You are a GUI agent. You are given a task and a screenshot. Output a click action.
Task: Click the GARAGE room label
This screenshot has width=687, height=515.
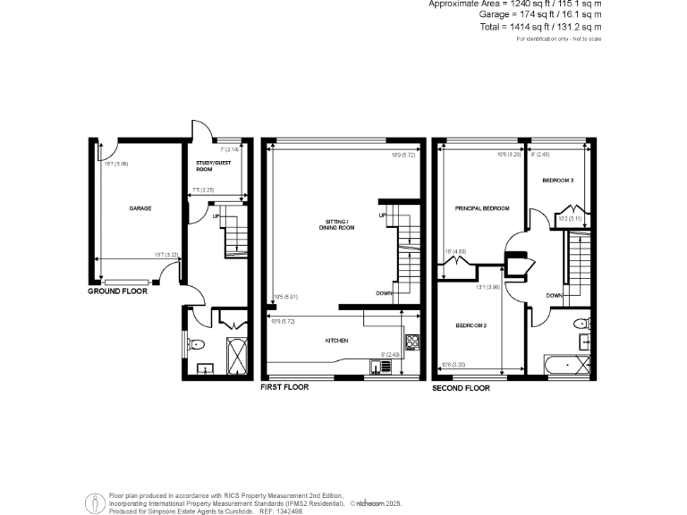click(140, 208)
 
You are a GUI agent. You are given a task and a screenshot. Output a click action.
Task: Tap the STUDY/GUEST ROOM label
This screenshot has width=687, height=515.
click(210, 166)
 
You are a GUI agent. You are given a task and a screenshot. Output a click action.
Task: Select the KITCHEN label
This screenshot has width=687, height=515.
click(336, 342)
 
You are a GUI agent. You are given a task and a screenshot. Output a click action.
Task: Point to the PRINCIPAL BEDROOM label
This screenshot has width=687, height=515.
click(482, 208)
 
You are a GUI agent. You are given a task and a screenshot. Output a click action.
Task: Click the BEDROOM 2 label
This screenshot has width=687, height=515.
click(471, 325)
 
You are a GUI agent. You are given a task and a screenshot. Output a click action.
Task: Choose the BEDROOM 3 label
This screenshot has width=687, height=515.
click(557, 181)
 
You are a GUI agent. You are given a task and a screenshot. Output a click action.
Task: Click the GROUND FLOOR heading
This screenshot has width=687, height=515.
click(117, 291)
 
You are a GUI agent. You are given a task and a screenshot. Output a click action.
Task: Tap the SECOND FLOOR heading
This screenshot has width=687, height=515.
click(462, 389)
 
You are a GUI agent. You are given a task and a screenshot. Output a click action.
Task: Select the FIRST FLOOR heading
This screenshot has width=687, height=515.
click(284, 388)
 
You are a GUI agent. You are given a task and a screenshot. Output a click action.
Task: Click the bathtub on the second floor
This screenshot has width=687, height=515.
click(567, 364)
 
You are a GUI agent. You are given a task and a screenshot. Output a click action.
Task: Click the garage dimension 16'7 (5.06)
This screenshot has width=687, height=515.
click(116, 164)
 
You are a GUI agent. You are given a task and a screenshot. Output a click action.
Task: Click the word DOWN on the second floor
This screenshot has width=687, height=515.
click(554, 295)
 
